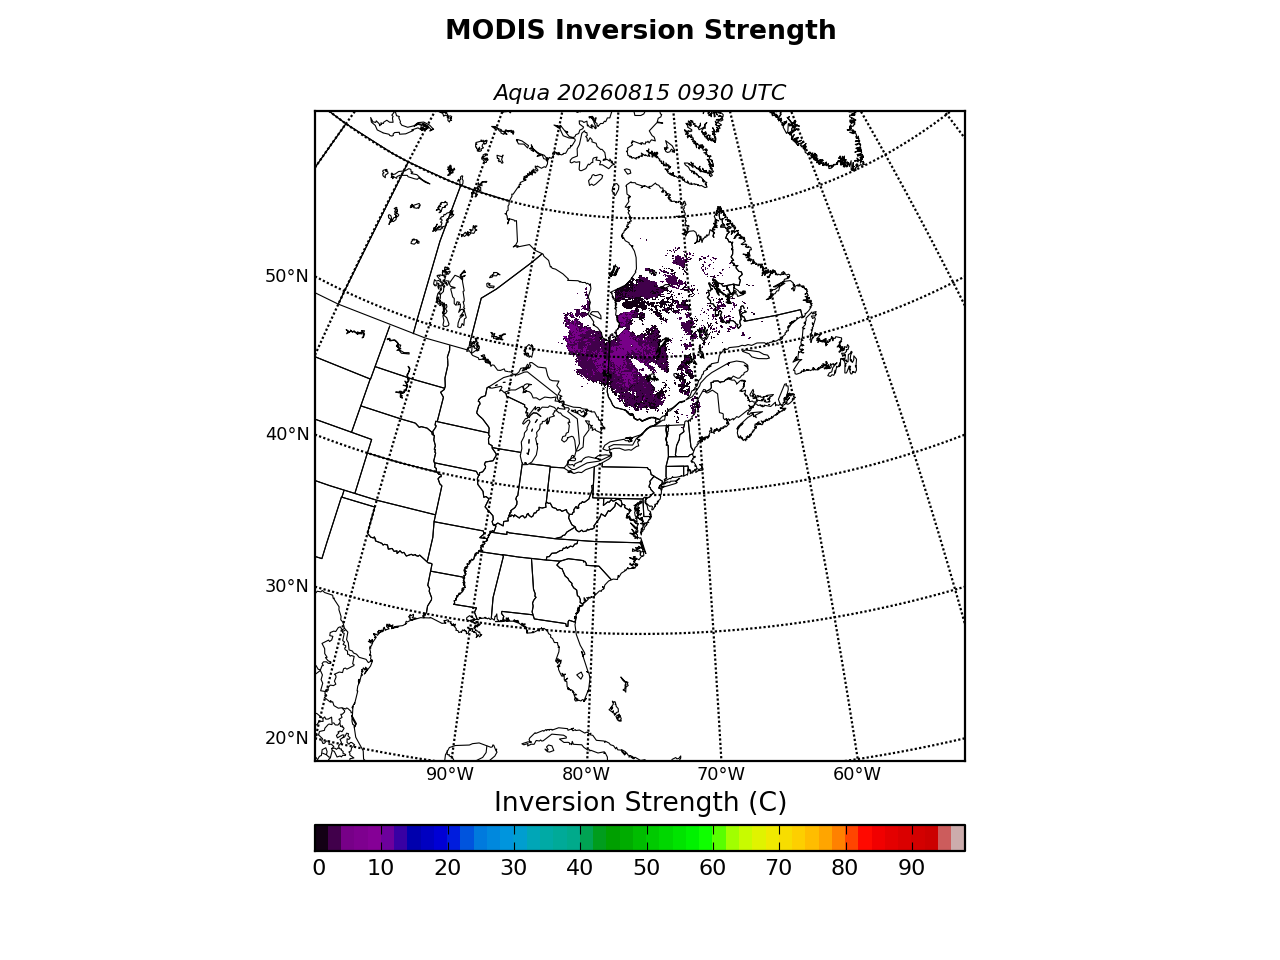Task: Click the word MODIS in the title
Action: [495, 30]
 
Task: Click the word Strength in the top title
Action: [770, 30]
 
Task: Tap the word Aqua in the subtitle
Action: [521, 93]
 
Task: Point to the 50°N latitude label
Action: [286, 276]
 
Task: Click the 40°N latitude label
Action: [287, 434]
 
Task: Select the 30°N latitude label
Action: [286, 586]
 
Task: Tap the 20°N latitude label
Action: [286, 738]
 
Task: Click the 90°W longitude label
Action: [450, 774]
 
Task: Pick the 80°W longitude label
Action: [585, 774]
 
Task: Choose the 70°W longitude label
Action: [721, 774]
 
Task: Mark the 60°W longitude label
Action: [857, 774]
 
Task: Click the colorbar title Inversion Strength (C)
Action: [640, 802]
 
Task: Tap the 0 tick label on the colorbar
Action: [319, 868]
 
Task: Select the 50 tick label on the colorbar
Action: [646, 868]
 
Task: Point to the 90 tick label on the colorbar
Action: [911, 868]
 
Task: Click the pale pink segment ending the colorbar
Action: [958, 838]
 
